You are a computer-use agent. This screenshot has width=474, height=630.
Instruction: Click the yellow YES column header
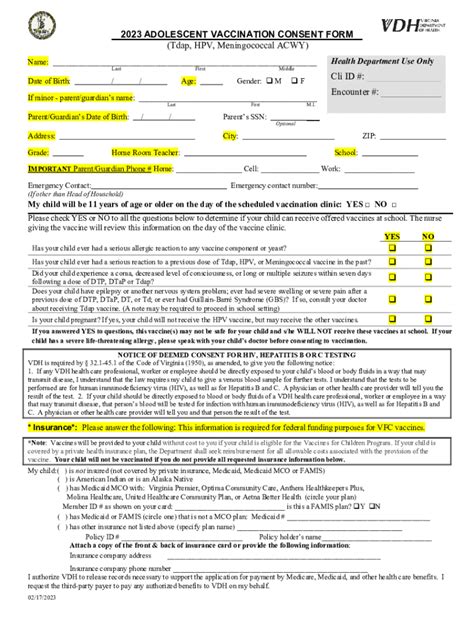391,236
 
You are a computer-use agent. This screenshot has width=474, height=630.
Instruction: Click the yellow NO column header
428,236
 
